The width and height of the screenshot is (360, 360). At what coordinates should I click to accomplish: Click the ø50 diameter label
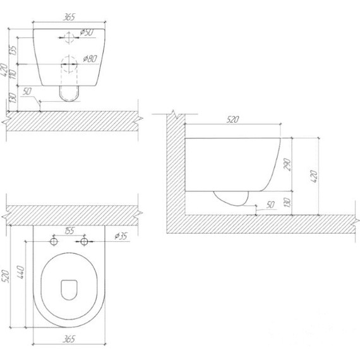tap(87, 33)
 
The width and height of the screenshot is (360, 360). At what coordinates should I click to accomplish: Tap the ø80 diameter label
tap(90, 59)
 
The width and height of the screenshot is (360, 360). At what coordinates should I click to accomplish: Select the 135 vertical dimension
tap(13, 51)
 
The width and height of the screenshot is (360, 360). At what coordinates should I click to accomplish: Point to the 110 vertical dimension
tap(13, 74)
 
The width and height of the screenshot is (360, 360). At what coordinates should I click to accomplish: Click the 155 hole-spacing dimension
tap(69, 231)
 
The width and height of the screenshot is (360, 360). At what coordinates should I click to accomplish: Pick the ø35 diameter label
tap(121, 236)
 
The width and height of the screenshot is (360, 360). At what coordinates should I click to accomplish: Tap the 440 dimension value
tap(20, 272)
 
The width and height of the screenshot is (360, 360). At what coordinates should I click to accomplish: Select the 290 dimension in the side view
tap(287, 164)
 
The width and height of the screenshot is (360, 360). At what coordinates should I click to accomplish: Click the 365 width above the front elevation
tap(69, 17)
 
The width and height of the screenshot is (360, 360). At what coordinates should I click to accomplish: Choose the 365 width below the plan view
tap(69, 339)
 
